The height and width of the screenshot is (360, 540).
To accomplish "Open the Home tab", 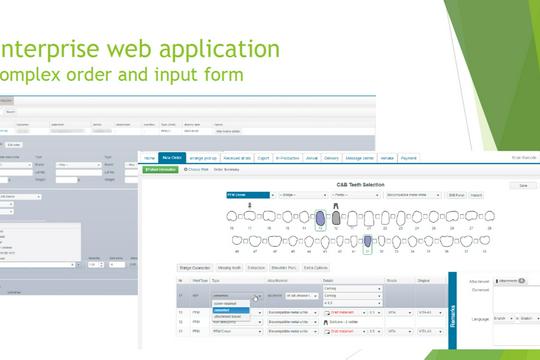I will point(149,158).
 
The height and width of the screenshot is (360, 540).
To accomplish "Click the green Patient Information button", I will point(161,169).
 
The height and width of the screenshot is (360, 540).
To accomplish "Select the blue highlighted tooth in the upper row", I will point(320,217).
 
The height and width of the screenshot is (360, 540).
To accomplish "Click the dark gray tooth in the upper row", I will point(337,217).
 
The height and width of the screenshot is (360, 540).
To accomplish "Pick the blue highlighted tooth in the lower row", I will point(367,243).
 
